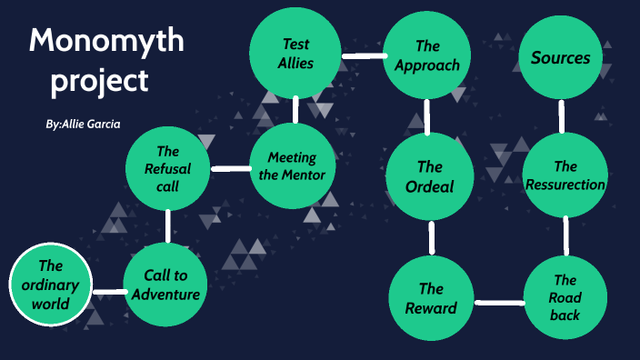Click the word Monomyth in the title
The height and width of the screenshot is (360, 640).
point(105,41)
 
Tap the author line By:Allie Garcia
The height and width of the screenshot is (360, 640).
point(83,123)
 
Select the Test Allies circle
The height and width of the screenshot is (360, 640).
point(296,54)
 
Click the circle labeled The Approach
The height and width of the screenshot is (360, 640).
point(427,55)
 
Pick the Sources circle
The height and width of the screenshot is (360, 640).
point(560,57)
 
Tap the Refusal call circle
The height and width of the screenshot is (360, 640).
point(167,169)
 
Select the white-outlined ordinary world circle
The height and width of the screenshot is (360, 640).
point(51,285)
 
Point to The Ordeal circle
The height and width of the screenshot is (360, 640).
point(429,176)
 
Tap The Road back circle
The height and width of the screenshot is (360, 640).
point(565,297)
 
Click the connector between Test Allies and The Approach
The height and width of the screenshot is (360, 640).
point(362,56)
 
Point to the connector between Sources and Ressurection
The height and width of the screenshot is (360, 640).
point(562,116)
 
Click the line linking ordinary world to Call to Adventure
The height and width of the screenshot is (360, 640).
point(108,292)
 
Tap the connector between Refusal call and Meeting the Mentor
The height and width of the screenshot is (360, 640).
point(229,168)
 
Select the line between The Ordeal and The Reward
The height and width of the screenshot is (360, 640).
point(431,238)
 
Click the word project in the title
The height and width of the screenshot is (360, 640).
point(99,81)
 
